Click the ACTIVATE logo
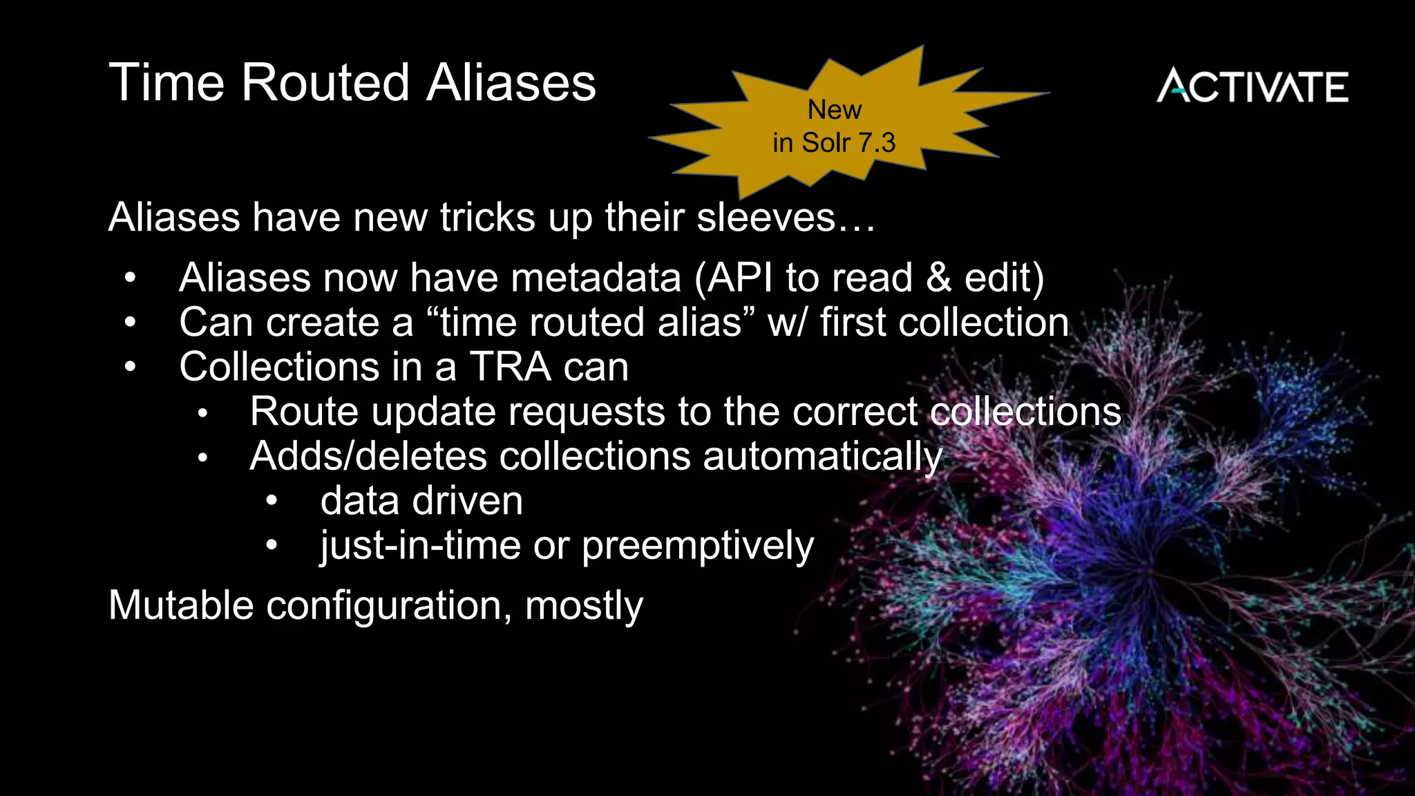point(1252,86)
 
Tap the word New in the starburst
point(835,110)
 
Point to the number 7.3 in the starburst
point(877,143)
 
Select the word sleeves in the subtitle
point(766,217)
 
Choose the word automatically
point(822,457)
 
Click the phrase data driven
point(421,501)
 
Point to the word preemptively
point(698,546)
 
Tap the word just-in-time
point(420,546)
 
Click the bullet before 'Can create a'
point(130,323)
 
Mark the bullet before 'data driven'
point(272,502)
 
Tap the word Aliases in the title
point(511,83)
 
